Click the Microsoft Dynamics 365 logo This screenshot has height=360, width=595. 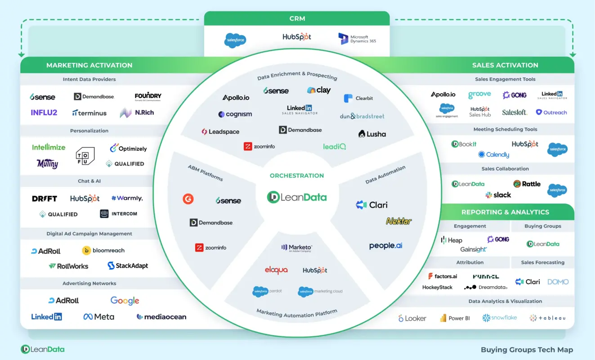[357, 39]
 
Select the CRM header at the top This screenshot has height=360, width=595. [297, 18]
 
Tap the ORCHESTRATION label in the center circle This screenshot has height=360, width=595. [297, 175]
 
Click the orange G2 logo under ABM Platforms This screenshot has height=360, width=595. [188, 198]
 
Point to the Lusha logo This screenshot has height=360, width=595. [372, 134]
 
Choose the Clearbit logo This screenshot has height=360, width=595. [358, 98]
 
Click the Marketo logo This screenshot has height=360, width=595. [297, 248]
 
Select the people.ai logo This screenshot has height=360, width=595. [385, 246]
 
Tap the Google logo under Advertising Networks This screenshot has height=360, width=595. [125, 301]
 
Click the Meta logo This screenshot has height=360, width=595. [99, 317]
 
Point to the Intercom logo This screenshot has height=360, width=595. [119, 214]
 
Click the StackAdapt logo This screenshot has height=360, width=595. [128, 266]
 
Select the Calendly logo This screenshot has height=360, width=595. [494, 154]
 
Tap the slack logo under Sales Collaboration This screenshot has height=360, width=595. [498, 195]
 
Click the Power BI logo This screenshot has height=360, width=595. [455, 318]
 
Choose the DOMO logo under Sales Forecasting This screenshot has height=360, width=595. [558, 282]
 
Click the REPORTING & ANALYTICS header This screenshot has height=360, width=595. [505, 212]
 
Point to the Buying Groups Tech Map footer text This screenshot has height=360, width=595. [527, 350]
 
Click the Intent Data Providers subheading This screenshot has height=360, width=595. [89, 79]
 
